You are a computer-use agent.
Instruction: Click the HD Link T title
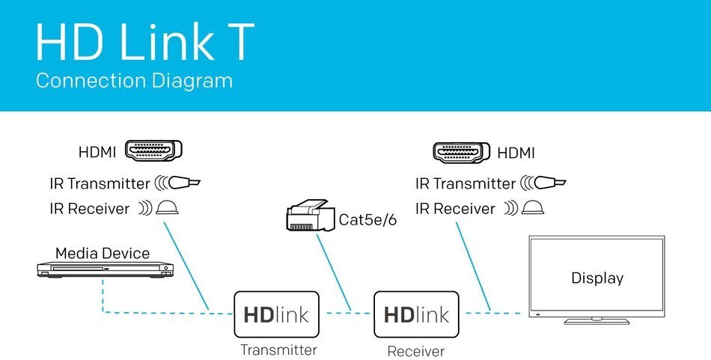pyautogui.click(x=145, y=41)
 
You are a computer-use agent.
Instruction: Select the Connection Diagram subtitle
pyautogui.click(x=134, y=81)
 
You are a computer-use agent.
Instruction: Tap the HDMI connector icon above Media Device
pyautogui.click(x=153, y=151)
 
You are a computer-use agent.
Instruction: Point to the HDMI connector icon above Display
pyautogui.click(x=462, y=153)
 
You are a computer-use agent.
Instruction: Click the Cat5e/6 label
pyautogui.click(x=367, y=220)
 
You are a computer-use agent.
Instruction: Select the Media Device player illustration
pyautogui.click(x=106, y=269)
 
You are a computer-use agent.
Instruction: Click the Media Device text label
pyautogui.click(x=103, y=253)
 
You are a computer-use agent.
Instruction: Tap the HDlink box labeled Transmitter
pyautogui.click(x=277, y=314)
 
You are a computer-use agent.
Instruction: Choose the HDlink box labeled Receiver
pyautogui.click(x=416, y=314)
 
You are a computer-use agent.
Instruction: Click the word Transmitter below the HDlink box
pyautogui.click(x=278, y=350)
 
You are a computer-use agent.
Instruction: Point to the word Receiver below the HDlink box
pyautogui.click(x=416, y=351)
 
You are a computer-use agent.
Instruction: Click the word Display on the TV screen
pyautogui.click(x=597, y=278)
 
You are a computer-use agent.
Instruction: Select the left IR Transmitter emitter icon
pyautogui.click(x=178, y=183)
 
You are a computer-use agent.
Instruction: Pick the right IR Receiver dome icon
pyautogui.click(x=532, y=208)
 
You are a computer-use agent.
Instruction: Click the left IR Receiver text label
pyautogui.click(x=90, y=209)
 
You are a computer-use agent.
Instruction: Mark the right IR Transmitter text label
pyautogui.click(x=466, y=183)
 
